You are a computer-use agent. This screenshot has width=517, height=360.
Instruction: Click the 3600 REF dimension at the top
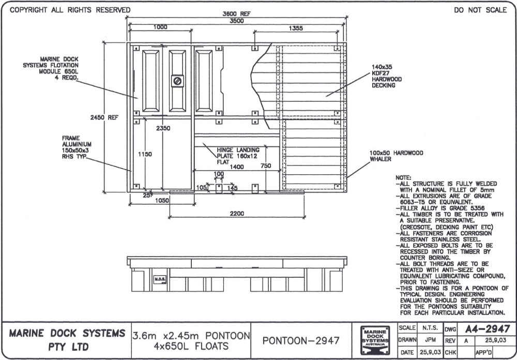236,14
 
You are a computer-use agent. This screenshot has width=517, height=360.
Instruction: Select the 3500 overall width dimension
236,21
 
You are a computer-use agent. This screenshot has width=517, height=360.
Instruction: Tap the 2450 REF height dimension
107,118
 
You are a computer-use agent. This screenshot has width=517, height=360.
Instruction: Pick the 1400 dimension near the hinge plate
237,167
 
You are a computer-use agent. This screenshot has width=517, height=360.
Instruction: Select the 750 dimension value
265,166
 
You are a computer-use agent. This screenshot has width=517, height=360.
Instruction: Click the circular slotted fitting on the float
177,81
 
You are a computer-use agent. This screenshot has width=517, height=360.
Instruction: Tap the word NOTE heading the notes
403,177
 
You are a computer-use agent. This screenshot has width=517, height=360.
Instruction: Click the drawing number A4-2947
487,329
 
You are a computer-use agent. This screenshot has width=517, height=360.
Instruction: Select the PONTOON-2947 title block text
301,340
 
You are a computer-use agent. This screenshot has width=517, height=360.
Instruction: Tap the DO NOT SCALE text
480,10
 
